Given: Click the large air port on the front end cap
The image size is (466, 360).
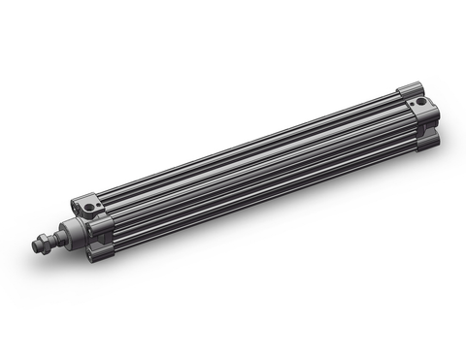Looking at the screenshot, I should tap(91, 208).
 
